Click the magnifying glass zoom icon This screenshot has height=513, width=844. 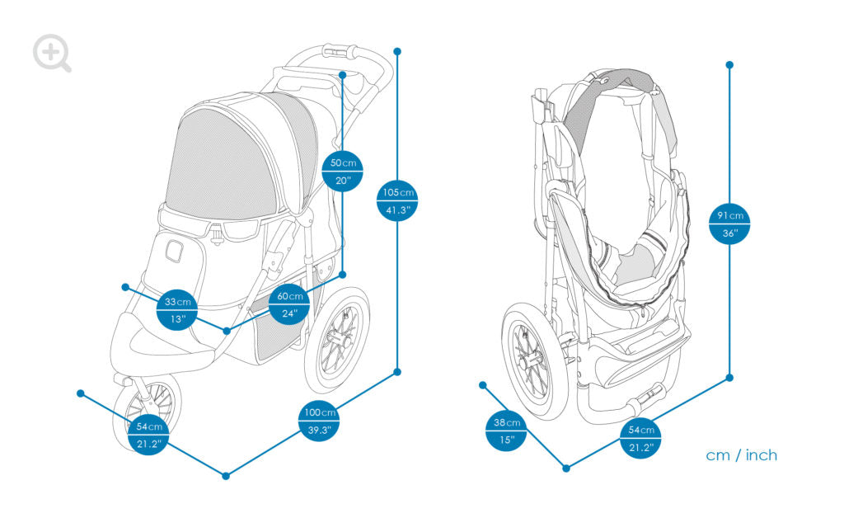point(51,53)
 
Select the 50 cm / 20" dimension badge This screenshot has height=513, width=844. point(342,171)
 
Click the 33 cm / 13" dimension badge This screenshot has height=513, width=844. point(177,309)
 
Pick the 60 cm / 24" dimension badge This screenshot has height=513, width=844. point(289,305)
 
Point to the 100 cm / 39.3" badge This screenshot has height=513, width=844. point(319,421)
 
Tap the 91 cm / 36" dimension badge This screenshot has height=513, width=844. point(729,224)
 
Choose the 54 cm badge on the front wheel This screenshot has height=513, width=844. point(151,435)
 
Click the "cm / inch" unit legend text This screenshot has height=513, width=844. point(741,455)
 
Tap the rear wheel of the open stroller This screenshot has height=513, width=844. point(338,338)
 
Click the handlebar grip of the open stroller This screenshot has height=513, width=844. point(338,51)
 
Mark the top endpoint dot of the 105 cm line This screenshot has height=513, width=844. point(397,51)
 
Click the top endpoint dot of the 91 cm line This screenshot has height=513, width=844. point(729,64)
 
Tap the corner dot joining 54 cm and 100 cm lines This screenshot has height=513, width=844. point(226,475)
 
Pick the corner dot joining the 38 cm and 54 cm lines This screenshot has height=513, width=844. point(566,468)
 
